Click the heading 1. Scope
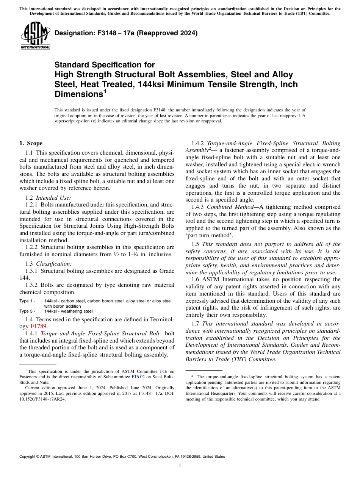click(31, 143)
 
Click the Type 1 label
click(27, 301)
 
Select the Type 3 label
click(27, 311)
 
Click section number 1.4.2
click(198, 143)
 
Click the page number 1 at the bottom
click(180, 465)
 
